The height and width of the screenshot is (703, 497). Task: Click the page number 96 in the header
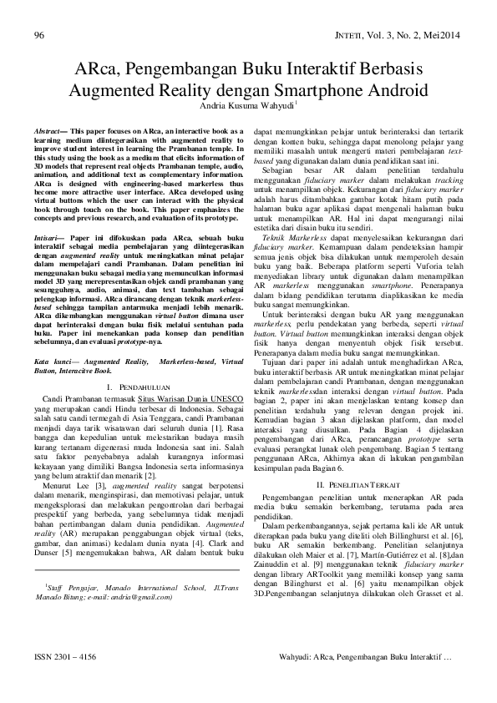coord(38,35)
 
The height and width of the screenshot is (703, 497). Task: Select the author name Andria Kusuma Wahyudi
coord(247,106)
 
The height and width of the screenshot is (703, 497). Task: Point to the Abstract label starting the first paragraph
coord(49,132)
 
